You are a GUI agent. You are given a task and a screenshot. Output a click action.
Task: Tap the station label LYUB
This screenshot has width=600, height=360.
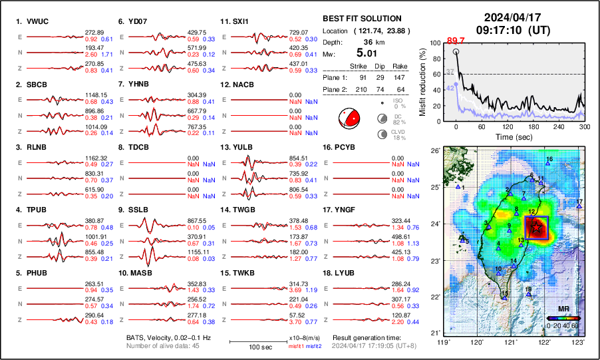point(349,273)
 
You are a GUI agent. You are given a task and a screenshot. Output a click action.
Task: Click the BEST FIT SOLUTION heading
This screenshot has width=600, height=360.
point(361,19)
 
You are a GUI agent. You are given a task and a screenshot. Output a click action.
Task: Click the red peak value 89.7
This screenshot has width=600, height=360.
point(455,41)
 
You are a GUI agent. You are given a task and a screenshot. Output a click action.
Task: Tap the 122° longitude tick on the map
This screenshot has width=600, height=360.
point(545,342)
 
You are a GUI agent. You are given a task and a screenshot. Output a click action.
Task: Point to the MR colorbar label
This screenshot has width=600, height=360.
point(563,309)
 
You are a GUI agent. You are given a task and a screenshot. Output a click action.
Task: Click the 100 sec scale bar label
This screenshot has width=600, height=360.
point(248,347)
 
